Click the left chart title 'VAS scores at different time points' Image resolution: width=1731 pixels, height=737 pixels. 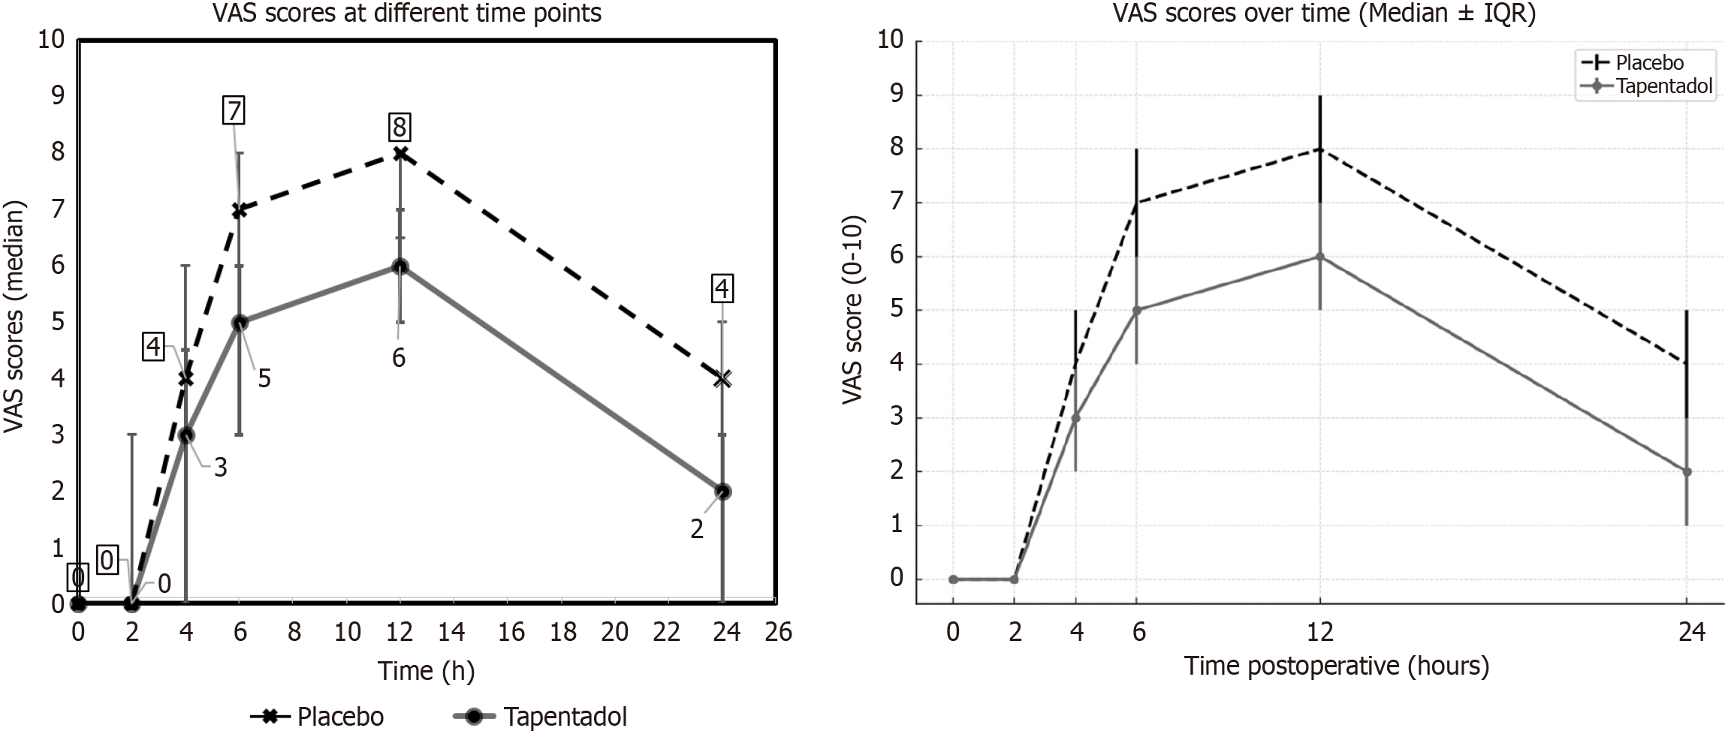pyautogui.click(x=406, y=14)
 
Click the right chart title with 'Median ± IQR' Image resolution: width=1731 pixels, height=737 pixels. pyautogui.click(x=1323, y=14)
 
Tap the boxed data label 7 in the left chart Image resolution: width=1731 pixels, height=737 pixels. pyautogui.click(x=234, y=111)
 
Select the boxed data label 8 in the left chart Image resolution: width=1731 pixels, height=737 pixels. pyautogui.click(x=399, y=127)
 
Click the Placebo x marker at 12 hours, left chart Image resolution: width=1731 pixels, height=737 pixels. pyautogui.click(x=400, y=153)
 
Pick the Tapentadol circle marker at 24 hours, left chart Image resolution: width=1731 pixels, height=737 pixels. pyautogui.click(x=722, y=492)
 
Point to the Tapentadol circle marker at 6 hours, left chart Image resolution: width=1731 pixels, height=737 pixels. pyautogui.click(x=240, y=323)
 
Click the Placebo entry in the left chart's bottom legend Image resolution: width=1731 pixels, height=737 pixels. pyautogui.click(x=318, y=717)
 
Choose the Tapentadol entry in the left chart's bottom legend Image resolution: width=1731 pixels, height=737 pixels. pyautogui.click(x=541, y=717)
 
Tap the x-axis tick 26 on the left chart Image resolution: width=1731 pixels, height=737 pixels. pyautogui.click(x=778, y=632)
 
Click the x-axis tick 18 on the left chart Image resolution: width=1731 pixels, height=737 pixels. pyautogui.click(x=563, y=632)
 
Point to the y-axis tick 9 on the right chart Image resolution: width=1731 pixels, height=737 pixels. pyautogui.click(x=897, y=95)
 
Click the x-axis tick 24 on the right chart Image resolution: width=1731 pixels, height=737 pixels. pyautogui.click(x=1692, y=632)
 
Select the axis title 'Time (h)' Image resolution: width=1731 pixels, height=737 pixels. pyautogui.click(x=426, y=670)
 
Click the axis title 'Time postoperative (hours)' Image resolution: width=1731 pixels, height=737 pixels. pyautogui.click(x=1336, y=666)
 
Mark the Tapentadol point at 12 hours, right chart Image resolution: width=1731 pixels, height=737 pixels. pyautogui.click(x=1319, y=257)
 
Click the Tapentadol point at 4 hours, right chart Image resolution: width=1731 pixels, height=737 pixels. pyautogui.click(x=1075, y=418)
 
